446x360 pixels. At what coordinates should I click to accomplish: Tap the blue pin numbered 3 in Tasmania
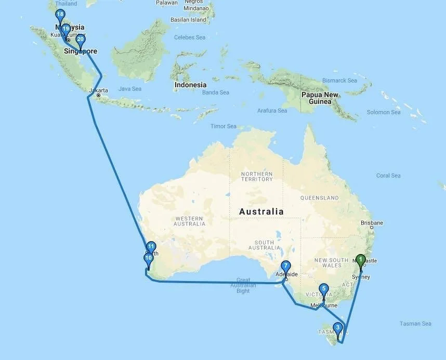[x=338, y=328]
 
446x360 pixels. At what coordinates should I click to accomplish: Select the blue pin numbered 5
[x=323, y=289]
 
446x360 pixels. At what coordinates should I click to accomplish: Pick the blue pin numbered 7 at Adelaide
[x=285, y=266]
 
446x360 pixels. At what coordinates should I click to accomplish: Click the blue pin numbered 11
[x=151, y=247]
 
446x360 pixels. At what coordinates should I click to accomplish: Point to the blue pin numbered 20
[x=80, y=39]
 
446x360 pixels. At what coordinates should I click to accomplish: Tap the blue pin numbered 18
[x=60, y=15]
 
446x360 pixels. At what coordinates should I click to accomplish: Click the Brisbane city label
[x=372, y=223]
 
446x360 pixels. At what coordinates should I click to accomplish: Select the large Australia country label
[x=261, y=211]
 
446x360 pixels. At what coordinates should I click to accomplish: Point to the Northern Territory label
[x=256, y=176]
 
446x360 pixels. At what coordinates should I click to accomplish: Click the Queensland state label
[x=319, y=198]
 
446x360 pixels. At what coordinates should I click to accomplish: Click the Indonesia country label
[x=190, y=85]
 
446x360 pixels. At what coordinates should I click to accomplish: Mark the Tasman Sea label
[x=415, y=324]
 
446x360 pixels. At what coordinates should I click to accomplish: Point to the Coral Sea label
[x=388, y=176]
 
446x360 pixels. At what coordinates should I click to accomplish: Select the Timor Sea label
[x=223, y=126]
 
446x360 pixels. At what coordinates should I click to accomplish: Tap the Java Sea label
[x=130, y=89]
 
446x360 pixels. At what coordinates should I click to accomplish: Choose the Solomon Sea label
[x=384, y=112]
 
